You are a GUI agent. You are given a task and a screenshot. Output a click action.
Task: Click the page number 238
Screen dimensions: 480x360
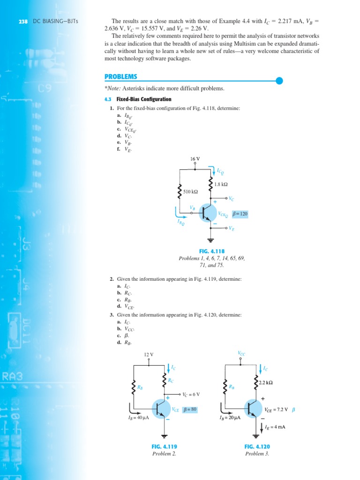pos(22,22)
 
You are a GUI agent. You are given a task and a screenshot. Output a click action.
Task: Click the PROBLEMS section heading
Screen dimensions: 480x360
pos(121,77)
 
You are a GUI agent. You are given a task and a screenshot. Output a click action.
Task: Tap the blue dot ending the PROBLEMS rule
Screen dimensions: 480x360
pos(279,81)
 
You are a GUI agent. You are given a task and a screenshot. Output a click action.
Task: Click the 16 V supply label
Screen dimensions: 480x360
pos(195,159)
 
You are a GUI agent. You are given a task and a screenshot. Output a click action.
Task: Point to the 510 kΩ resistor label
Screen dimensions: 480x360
pos(190,192)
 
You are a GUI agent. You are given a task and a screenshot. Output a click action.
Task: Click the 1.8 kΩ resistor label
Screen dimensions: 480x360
pos(221,184)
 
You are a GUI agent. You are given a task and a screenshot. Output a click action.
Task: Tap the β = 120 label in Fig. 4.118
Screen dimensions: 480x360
pos(240,214)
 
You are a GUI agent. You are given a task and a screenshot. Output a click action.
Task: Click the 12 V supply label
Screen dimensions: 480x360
pos(149,354)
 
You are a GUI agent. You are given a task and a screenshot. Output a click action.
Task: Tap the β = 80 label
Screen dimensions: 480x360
pos(190,409)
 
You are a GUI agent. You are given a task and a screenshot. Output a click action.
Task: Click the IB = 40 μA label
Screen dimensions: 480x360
pos(139,418)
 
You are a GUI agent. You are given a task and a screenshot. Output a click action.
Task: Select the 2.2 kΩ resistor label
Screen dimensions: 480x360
pos(265,383)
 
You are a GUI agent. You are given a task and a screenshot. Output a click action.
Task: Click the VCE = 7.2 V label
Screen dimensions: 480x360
pos(277,409)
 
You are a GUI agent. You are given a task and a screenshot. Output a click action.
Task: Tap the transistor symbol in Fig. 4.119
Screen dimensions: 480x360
pos(161,409)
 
